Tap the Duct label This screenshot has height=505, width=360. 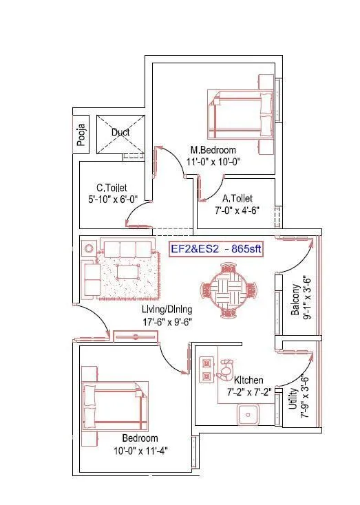click(x=120, y=132)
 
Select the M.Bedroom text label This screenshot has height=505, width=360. click(x=213, y=151)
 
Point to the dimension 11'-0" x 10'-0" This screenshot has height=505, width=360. click(x=213, y=162)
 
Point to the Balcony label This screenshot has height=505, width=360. click(x=295, y=299)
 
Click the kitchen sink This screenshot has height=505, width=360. click(x=247, y=414)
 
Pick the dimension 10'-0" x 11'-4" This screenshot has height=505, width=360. click(x=140, y=451)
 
